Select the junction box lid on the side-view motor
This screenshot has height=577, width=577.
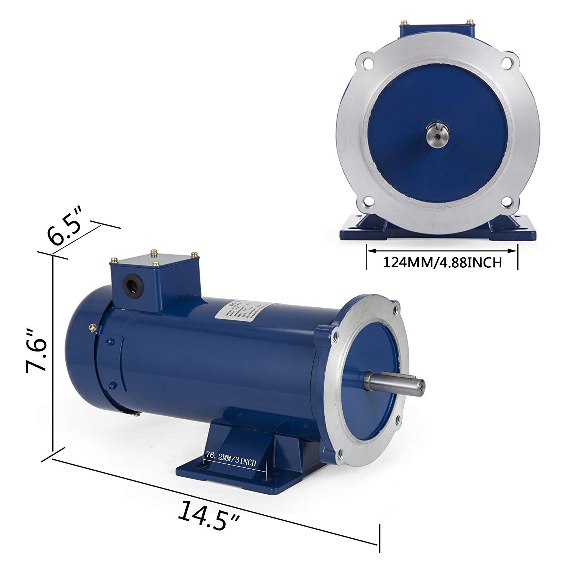[154, 262]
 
